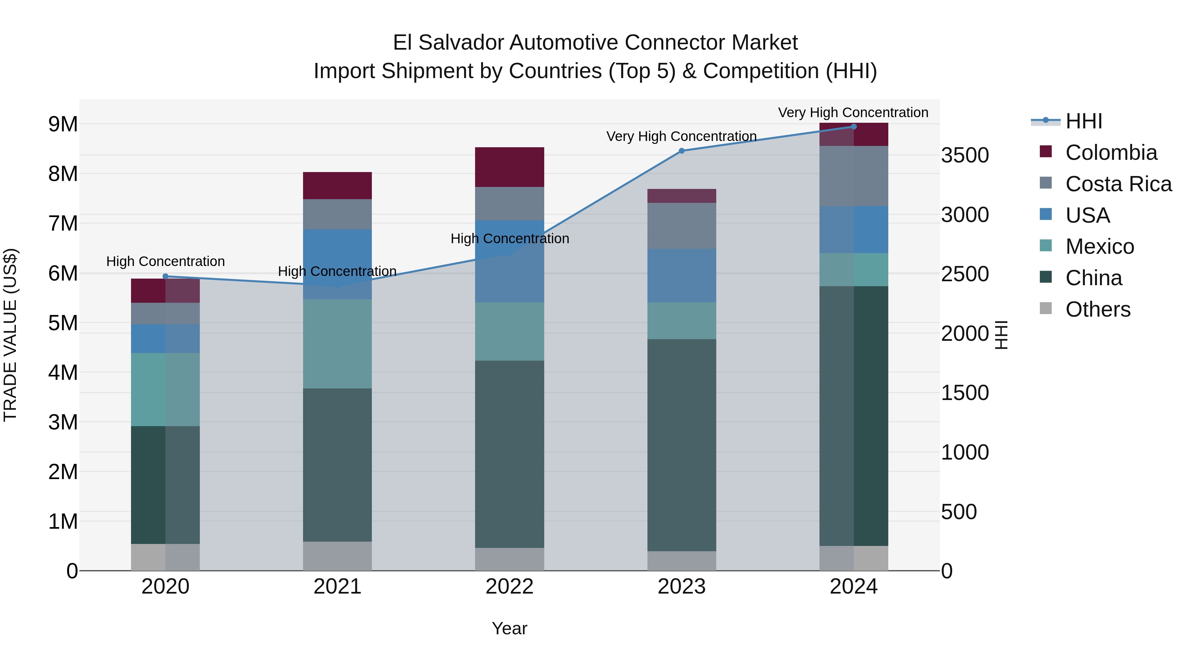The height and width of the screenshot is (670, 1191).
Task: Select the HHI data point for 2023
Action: click(x=681, y=151)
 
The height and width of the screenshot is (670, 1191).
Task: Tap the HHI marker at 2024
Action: click(x=854, y=127)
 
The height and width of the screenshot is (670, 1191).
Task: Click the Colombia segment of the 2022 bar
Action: click(x=509, y=167)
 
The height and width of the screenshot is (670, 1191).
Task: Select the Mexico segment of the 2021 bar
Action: click(x=337, y=343)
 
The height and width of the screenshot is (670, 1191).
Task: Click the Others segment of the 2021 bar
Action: click(x=337, y=556)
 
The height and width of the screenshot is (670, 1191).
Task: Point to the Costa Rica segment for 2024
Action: click(x=854, y=176)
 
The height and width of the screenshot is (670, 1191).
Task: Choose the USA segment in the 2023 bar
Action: click(x=681, y=276)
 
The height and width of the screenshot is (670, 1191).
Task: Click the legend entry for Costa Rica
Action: click(x=1118, y=184)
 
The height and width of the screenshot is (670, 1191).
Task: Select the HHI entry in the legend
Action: click(x=1083, y=121)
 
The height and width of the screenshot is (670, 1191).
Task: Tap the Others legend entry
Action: click(x=1098, y=309)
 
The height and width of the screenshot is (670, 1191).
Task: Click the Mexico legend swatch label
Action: click(x=1099, y=246)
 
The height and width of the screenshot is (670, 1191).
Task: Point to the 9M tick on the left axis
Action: click(x=63, y=124)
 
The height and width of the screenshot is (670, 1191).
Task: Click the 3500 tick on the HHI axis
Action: click(x=965, y=156)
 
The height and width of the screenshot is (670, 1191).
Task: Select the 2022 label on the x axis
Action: click(x=509, y=587)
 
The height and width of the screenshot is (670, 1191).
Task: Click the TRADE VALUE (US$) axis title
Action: click(x=10, y=335)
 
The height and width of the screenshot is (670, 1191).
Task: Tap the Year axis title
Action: click(x=509, y=628)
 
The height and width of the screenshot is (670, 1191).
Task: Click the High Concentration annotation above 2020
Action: click(x=165, y=261)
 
